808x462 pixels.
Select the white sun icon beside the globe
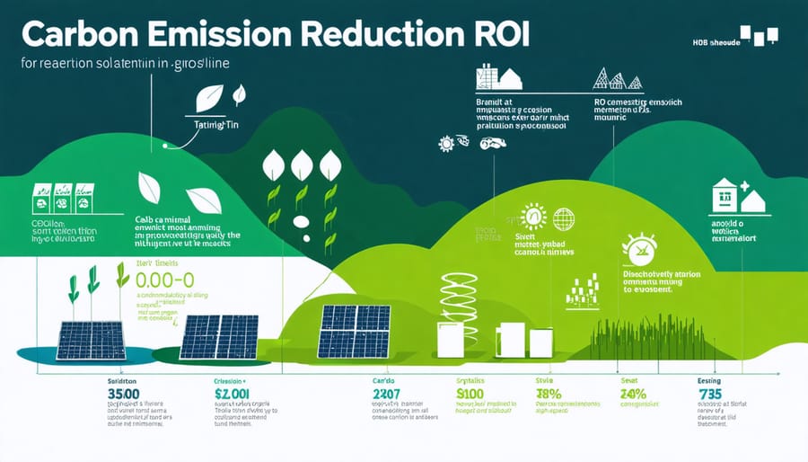click(x=533, y=218)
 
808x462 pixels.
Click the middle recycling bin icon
click(x=62, y=197)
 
